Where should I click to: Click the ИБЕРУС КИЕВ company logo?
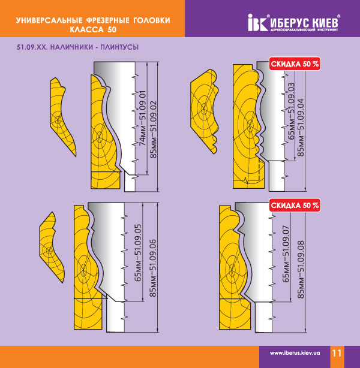coord(294,23)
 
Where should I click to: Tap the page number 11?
coord(336,353)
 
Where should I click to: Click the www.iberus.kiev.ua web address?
coord(295,353)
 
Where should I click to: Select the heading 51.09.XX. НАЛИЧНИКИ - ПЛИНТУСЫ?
coord(77,47)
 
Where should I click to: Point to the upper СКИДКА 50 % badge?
coord(295,64)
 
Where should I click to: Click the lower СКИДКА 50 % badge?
coord(295,206)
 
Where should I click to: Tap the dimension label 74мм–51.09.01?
coord(142,118)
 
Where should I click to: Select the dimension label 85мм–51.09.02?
coord(153,129)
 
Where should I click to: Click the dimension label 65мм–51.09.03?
coord(291,111)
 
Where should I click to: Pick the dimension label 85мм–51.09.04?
coord(301,128)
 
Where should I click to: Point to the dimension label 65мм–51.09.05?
coord(138,253)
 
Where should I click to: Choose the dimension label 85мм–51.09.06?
coord(153,268)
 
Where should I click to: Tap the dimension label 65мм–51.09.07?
coord(286,254)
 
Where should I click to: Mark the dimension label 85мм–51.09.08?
coord(301,270)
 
